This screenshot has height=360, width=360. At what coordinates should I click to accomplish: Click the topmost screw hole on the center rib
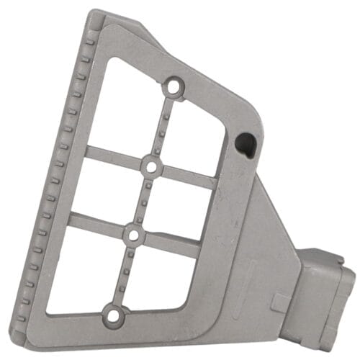172,89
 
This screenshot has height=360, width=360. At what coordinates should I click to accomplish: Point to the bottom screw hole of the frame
112,315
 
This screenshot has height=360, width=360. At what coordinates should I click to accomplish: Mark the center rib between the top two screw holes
163,127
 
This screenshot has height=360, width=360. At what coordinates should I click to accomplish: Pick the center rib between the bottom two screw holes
122,274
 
